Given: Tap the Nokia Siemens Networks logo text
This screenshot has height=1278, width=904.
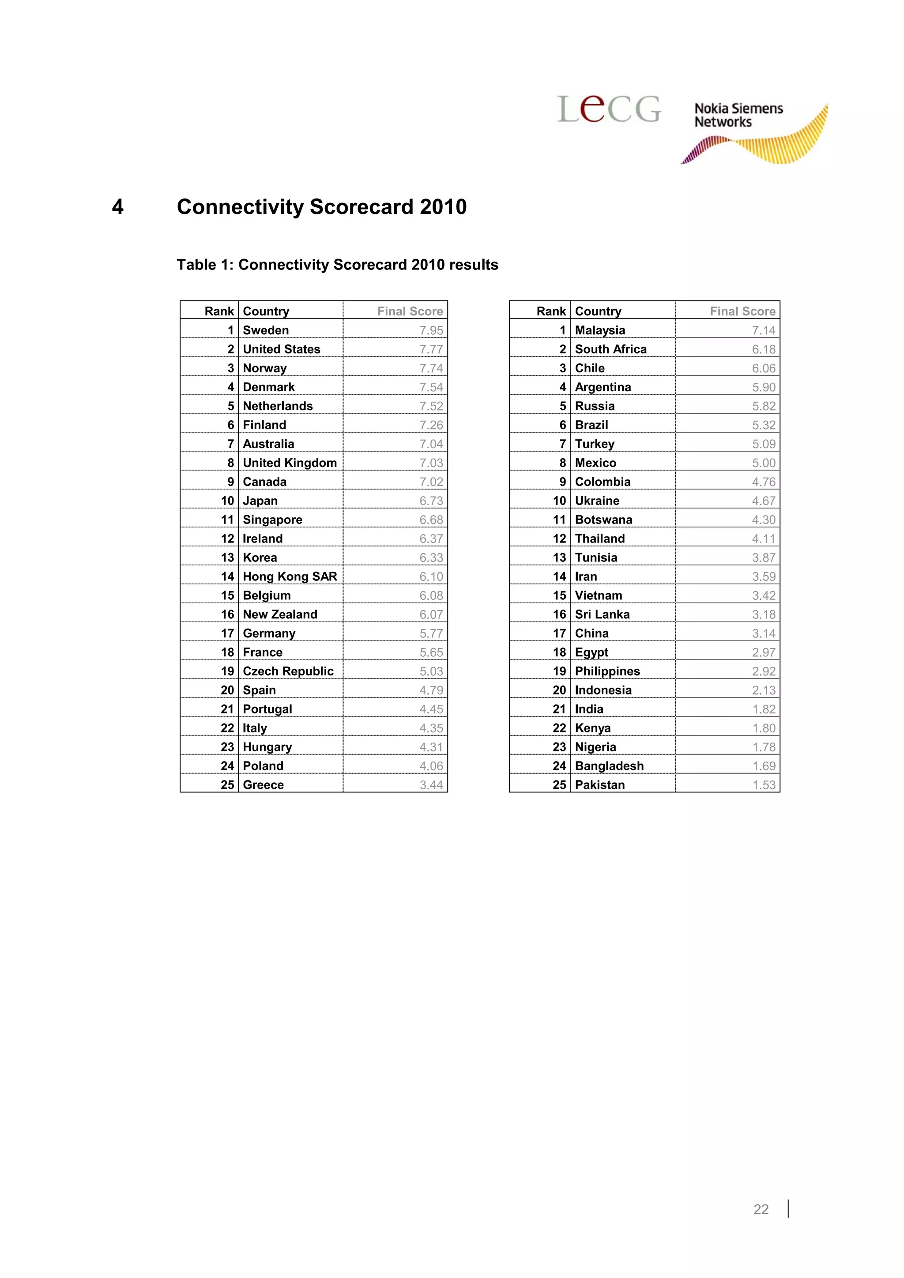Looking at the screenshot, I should (738, 115).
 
